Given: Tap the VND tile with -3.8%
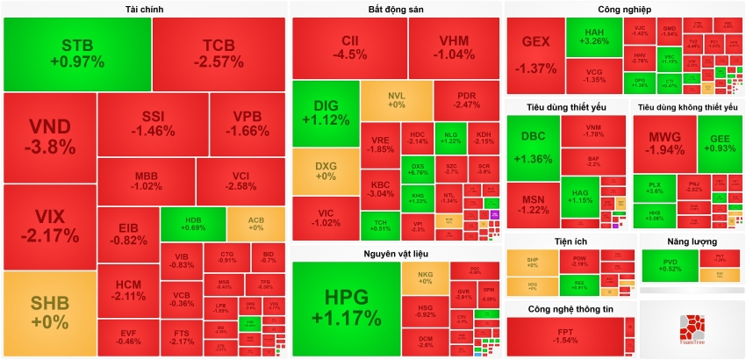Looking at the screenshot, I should (x=49, y=137).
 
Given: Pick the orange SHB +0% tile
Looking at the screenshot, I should (x=49, y=313).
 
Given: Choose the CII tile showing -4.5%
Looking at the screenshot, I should (x=349, y=47).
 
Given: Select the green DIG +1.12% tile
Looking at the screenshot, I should (x=326, y=113).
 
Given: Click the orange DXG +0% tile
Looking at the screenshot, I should (x=326, y=170).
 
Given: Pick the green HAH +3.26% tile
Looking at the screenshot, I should (x=595, y=36).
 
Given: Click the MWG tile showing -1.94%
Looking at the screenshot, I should (x=664, y=143).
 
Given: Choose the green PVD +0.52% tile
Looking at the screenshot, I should (x=670, y=264).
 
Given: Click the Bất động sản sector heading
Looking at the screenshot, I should (x=396, y=10).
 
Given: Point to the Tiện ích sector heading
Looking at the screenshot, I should (x=570, y=241).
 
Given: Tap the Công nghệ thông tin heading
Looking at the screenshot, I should (x=570, y=309).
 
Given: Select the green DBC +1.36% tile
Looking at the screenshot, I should (x=534, y=147).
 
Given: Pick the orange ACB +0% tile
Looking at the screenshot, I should (x=255, y=223).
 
